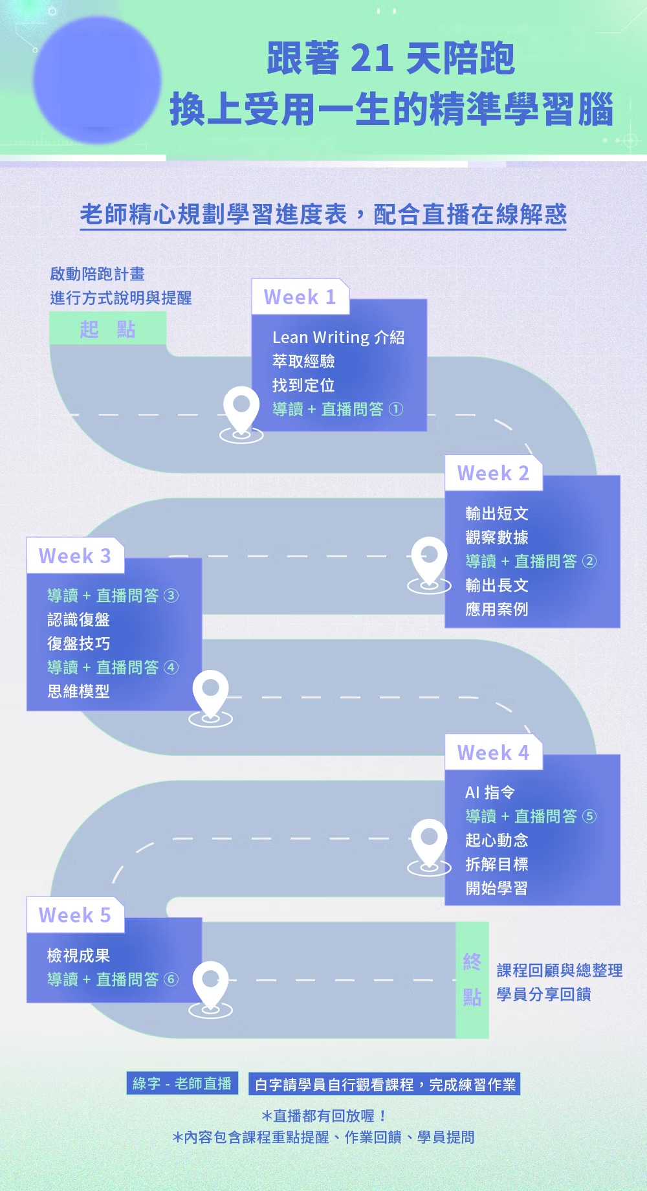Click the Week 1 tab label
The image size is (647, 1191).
pos(300,297)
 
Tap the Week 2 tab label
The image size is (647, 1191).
pos(493,473)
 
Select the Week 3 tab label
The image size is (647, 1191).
pos(74,556)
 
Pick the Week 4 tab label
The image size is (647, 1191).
pos(493,753)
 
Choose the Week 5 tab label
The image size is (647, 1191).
pos(74,915)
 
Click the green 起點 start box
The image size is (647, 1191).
pos(107,329)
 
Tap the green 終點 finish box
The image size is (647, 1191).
pos(472,979)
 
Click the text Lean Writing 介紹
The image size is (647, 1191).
pos(338,337)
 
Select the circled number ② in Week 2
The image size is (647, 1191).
pos(589,561)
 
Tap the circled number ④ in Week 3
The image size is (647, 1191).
pos(171,667)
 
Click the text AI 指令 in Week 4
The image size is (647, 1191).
pos(490,792)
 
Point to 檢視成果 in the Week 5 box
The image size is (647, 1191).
pos(78,955)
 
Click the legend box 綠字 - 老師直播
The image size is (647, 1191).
pos(182,1084)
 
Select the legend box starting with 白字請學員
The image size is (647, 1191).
pos(385,1084)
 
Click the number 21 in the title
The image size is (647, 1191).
pos(371,58)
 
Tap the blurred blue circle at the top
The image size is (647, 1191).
pos(97,80)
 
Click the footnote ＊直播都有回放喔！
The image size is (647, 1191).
pos(324,1116)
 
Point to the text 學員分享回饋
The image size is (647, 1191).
pos(543,994)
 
